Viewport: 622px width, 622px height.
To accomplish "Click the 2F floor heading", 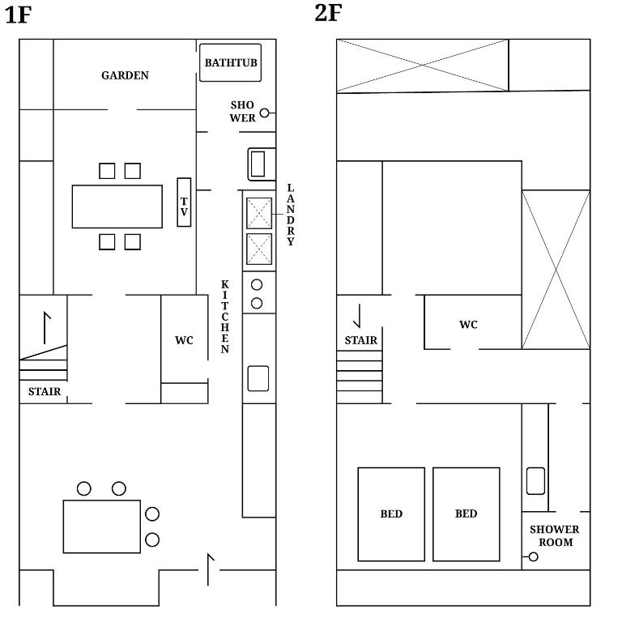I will tap(327, 14).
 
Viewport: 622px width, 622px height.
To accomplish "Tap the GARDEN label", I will tap(125, 75).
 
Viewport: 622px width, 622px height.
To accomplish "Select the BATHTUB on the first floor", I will tap(232, 62).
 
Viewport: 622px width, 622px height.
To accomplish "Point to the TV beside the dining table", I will tap(184, 202).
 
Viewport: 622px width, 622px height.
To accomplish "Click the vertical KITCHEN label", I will tap(225, 317).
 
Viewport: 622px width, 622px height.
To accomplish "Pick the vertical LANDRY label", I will tap(291, 215).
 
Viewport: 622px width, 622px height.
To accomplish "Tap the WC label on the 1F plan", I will tap(184, 340).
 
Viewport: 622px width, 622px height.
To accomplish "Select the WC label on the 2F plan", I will tap(468, 325).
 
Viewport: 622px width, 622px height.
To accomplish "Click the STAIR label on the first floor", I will tap(44, 392).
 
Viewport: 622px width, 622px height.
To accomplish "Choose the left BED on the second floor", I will tap(391, 513).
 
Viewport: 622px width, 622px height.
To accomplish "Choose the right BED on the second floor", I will tap(466, 513).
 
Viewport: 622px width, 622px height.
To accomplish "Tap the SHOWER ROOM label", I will tap(555, 535).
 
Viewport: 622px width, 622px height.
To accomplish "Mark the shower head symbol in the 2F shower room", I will tap(533, 556).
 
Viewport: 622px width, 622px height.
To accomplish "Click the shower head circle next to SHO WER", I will tap(264, 113).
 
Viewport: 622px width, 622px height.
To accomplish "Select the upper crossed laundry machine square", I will tap(258, 213).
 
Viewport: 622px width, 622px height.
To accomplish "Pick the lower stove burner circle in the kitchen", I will tap(257, 303).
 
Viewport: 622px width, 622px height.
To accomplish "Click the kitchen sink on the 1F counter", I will tap(258, 378).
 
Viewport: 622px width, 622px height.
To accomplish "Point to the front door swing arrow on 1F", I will tap(211, 569).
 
